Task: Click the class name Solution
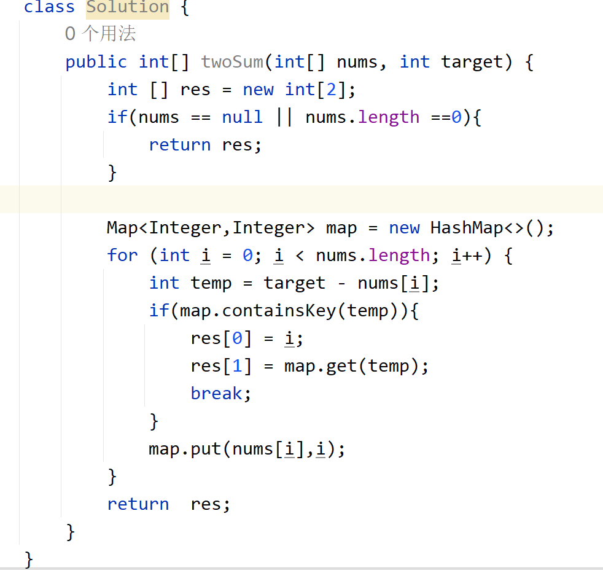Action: pyautogui.click(x=128, y=7)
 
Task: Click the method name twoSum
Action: pyautogui.click(x=232, y=62)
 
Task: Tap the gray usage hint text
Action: pyautogui.click(x=100, y=34)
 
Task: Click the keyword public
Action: pyautogui.click(x=96, y=62)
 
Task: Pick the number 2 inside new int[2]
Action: pyautogui.click(x=331, y=90)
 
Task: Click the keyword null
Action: pyautogui.click(x=242, y=117)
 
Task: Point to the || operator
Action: pyautogui.click(x=284, y=117)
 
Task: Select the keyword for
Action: pyautogui.click(x=122, y=256)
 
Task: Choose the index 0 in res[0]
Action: pyautogui.click(x=237, y=338)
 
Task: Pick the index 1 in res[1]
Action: pyautogui.click(x=237, y=366)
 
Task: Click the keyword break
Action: pyautogui.click(x=217, y=394)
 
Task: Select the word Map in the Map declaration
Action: pyautogui.click(x=122, y=228)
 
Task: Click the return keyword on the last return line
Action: pyautogui.click(x=138, y=504)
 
